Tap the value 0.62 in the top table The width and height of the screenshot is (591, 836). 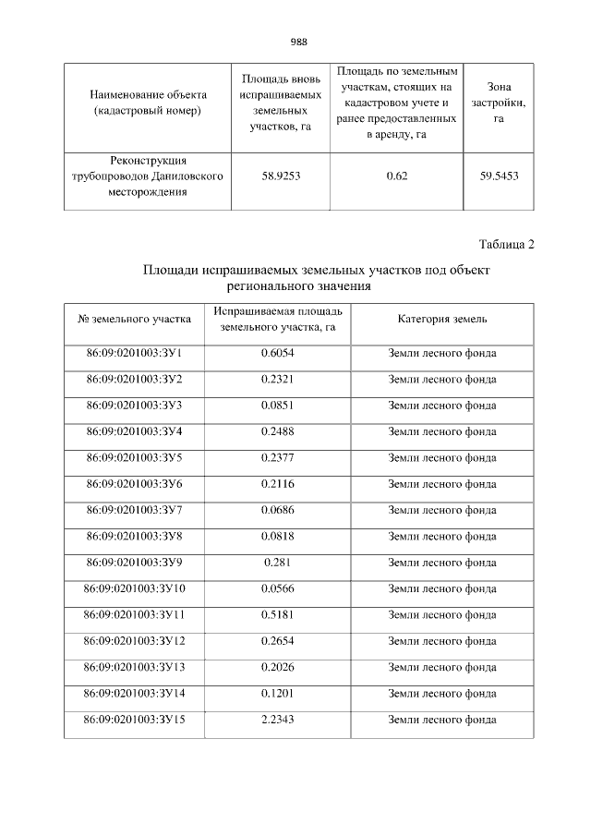(x=396, y=176)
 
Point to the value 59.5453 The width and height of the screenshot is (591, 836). (x=499, y=176)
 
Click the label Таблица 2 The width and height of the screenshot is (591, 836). (x=507, y=244)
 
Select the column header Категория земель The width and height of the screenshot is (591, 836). (x=442, y=319)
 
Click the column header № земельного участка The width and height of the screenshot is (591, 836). (x=135, y=319)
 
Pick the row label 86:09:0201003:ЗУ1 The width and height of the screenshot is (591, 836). (x=135, y=353)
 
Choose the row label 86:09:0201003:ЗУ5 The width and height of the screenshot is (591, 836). (x=135, y=457)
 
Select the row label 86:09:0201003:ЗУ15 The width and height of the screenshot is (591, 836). (x=135, y=719)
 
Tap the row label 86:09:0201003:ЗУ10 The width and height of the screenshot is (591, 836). (x=135, y=588)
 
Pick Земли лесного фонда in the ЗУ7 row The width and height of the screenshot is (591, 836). (x=442, y=510)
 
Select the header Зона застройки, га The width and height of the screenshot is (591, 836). (x=499, y=103)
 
